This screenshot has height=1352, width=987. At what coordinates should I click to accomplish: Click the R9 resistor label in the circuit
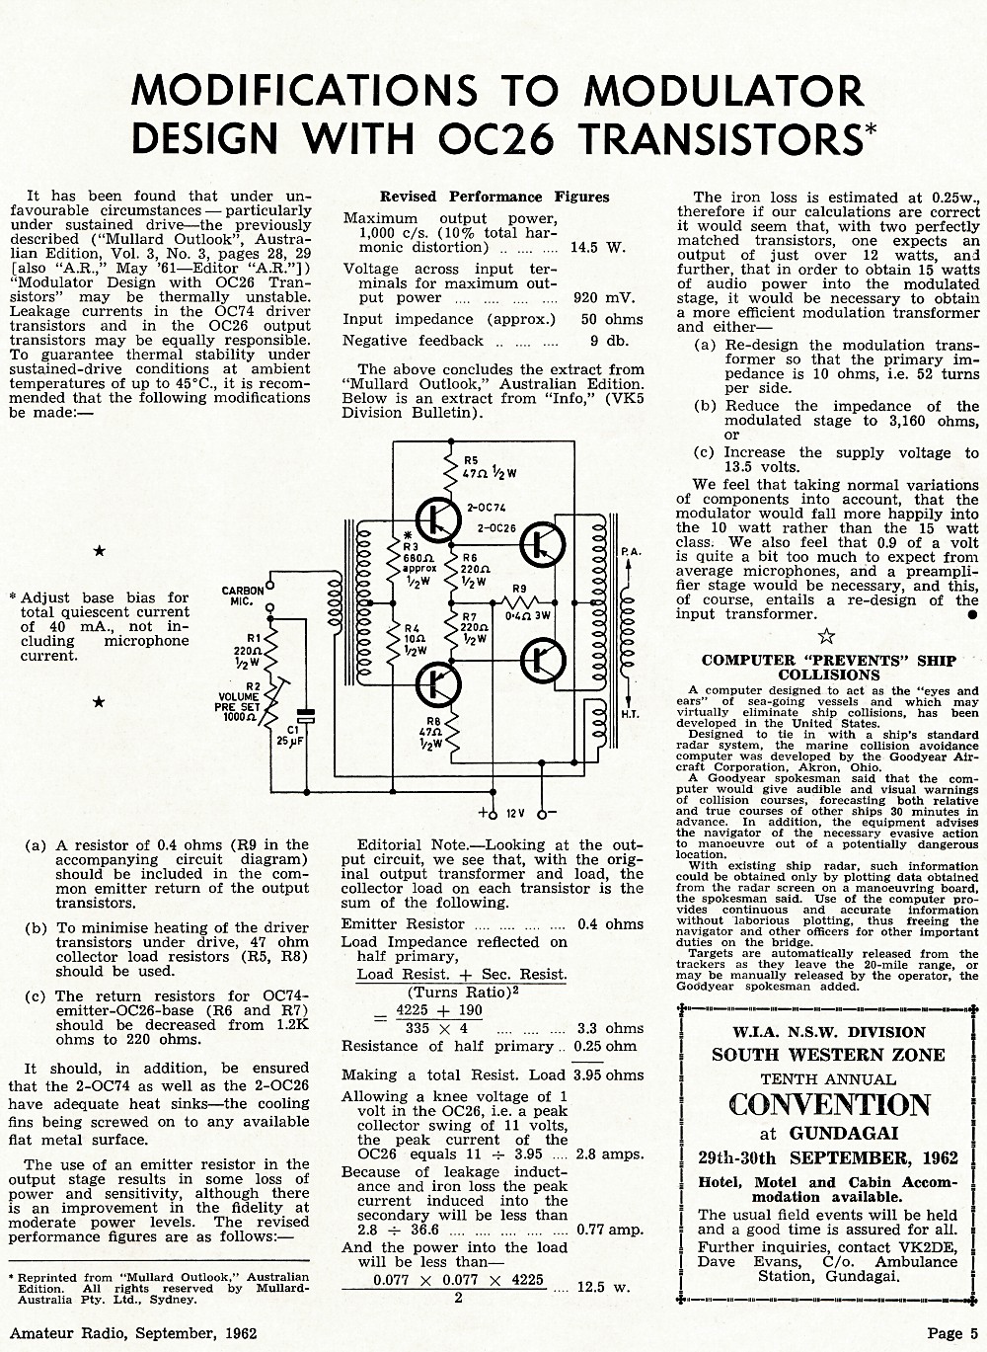pyautogui.click(x=519, y=589)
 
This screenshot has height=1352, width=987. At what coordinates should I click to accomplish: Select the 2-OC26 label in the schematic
pyautogui.click(x=496, y=528)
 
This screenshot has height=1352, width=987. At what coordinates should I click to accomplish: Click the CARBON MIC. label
pyautogui.click(x=243, y=596)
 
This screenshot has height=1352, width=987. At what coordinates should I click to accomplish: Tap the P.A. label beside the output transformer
pyautogui.click(x=631, y=552)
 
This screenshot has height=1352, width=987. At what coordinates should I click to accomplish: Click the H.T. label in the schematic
pyautogui.click(x=630, y=714)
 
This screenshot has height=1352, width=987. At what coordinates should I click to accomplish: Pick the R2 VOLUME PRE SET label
pyautogui.click(x=237, y=701)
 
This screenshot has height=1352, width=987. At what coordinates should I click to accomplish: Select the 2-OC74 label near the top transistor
pyautogui.click(x=487, y=508)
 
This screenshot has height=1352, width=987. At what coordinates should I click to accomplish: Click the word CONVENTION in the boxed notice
pyautogui.click(x=829, y=1105)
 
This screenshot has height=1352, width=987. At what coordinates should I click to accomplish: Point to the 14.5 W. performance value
pyautogui.click(x=598, y=248)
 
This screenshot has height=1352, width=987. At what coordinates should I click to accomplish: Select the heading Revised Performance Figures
pyautogui.click(x=494, y=197)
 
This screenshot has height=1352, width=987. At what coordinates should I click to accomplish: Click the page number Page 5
pyautogui.click(x=952, y=1333)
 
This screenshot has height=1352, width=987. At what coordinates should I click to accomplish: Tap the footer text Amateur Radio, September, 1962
pyautogui.click(x=133, y=1332)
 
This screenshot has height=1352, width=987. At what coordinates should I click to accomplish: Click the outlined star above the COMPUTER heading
pyautogui.click(x=826, y=636)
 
